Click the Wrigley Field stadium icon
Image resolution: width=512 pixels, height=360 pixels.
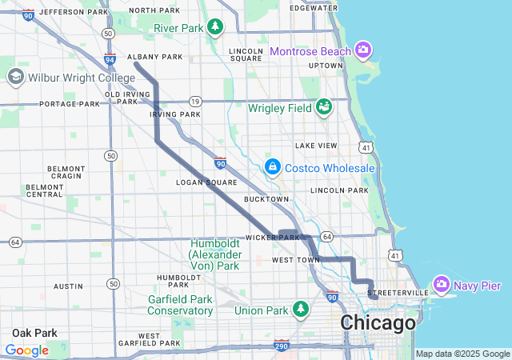coord(324,106)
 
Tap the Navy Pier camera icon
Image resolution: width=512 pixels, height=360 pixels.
coord(441,285)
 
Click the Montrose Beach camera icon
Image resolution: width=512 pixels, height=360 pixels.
coord(363,50)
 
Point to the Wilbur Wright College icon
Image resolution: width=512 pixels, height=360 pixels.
coord(15,77)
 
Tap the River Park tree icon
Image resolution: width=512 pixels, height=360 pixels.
coord(214,28)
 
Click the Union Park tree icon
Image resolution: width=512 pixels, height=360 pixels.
coord(300,309)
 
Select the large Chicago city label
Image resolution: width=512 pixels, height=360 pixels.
coord(378,323)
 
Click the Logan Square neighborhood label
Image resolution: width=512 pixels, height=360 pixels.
coord(206,182)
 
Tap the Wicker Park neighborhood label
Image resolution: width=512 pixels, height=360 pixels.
coord(272,238)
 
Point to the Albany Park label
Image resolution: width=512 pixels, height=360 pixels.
coord(157,57)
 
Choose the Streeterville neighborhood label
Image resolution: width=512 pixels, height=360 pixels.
coord(398,294)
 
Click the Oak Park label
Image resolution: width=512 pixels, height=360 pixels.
coord(34,332)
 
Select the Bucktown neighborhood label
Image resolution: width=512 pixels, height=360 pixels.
coord(266,198)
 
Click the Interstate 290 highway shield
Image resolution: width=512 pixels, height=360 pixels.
coord(280,346)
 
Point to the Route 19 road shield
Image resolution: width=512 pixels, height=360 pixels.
coord(194,102)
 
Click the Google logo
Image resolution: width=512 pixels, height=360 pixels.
coord(26,350)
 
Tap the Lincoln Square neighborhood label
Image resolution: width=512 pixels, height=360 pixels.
coord(246,54)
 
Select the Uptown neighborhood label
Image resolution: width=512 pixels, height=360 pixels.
coord(326,66)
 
